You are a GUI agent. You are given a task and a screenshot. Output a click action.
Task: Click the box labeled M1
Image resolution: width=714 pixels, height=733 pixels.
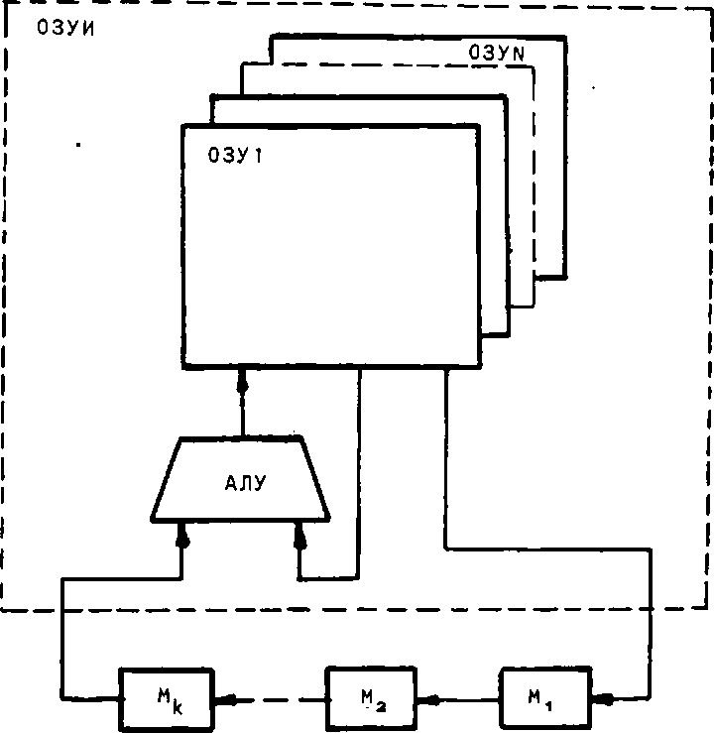(542, 698)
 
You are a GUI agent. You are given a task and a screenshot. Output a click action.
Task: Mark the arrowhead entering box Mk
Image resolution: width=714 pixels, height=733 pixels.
(227, 698)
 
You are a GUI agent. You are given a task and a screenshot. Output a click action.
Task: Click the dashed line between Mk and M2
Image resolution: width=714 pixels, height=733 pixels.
(278, 698)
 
